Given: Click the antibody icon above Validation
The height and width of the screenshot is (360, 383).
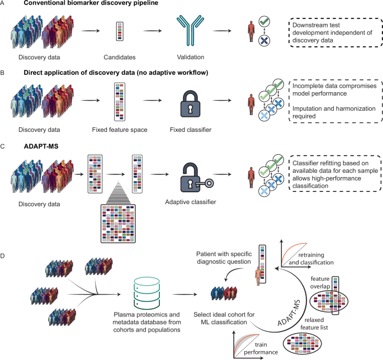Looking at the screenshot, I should click(x=187, y=34).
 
